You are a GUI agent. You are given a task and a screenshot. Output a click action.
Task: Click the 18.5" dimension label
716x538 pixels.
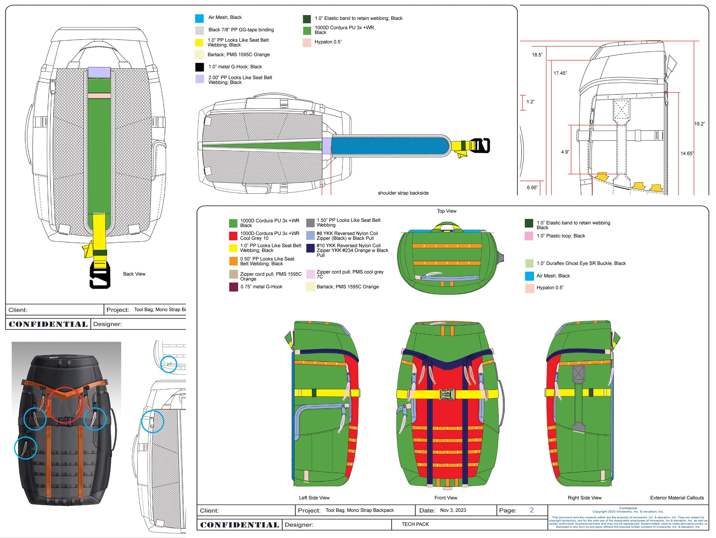pos(537,55)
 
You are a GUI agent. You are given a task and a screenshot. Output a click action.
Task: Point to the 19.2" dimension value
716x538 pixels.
pos(699,124)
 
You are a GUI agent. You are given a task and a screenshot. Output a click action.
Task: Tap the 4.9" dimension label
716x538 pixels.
pos(565,152)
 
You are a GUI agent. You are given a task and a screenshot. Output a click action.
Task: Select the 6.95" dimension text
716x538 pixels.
pos(532,187)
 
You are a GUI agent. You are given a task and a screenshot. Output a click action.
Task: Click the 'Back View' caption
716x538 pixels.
pos(134,274)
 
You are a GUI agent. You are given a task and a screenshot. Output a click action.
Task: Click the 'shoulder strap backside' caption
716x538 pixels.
pos(403,193)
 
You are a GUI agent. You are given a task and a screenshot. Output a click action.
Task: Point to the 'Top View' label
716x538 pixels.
pos(447,211)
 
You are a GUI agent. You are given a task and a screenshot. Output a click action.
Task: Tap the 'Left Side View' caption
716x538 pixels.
pos(314,498)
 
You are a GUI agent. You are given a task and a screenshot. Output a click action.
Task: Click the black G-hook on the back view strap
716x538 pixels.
pos(100,275)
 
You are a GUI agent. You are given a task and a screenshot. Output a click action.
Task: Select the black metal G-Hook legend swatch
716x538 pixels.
pos(199,67)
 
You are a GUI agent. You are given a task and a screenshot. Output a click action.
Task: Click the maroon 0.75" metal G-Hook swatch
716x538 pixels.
pos(233,287)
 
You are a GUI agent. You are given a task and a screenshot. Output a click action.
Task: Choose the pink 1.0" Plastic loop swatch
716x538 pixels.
pos(528,236)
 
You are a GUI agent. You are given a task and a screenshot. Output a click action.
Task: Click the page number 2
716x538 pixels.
pos(531,510)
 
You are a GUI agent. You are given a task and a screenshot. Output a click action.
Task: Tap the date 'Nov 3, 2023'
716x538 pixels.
pos(453,510)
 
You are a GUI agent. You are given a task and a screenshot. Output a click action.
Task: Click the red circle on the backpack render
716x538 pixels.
pos(65,405)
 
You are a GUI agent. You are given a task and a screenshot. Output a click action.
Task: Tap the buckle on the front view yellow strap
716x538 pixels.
pos(448,394)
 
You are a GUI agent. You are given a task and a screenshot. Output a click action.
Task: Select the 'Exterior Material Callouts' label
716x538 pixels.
pos(677,498)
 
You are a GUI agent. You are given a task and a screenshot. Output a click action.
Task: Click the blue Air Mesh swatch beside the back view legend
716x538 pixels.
pos(199,18)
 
